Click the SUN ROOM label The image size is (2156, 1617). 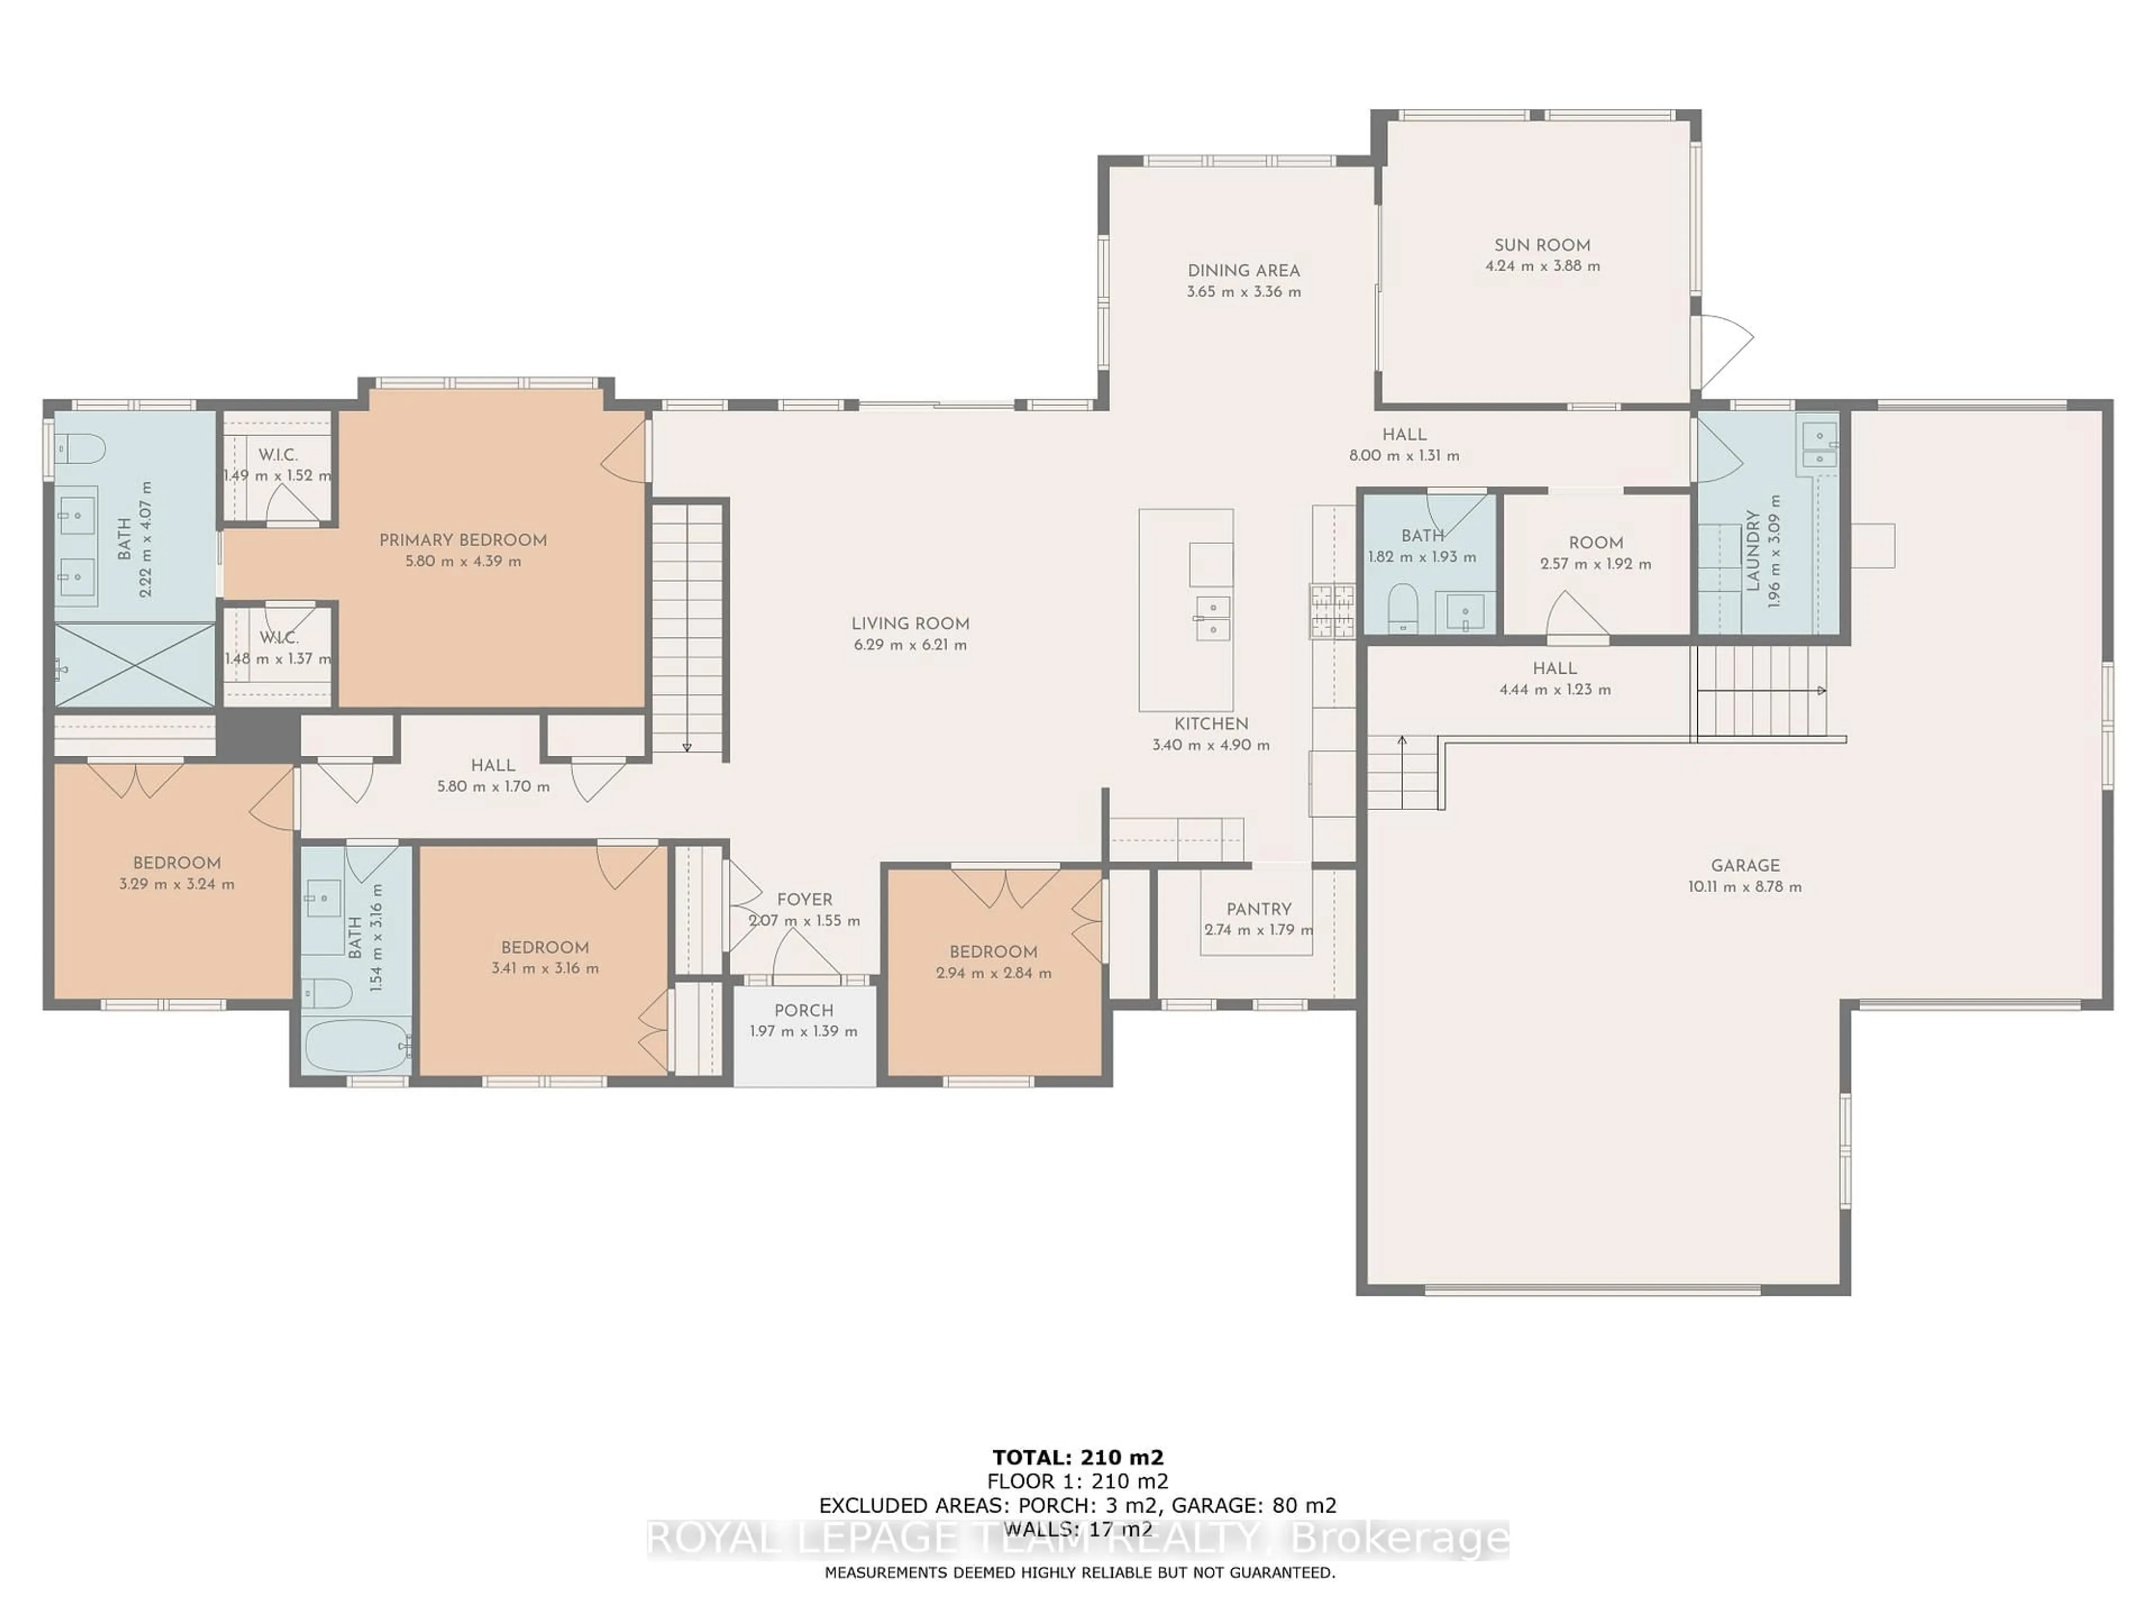(x=1542, y=245)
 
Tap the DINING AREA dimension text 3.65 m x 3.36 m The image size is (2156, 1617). (x=1244, y=291)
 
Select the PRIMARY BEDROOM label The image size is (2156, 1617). (x=463, y=540)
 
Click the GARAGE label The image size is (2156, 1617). (x=1744, y=866)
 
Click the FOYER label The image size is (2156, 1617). (x=804, y=899)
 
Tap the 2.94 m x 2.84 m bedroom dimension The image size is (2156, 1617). (x=993, y=973)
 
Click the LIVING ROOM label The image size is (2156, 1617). (x=910, y=624)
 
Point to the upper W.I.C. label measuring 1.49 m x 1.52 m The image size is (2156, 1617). (x=278, y=455)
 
